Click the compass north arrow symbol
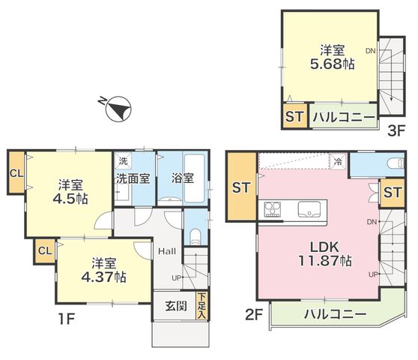point(118,109)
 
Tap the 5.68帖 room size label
point(332,64)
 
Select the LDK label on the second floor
point(324,247)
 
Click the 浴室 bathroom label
point(182,178)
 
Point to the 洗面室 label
point(133,178)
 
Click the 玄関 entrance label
point(176,306)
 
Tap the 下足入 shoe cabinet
point(202,305)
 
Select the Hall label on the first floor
point(167,251)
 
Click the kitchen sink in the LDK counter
point(309,209)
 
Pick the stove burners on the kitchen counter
point(273,209)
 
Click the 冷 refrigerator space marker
point(338,161)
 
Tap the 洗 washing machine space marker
point(123,161)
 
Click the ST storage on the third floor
point(294,116)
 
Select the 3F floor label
point(396,130)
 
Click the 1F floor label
point(67,319)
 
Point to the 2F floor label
point(254,314)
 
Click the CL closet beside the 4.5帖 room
point(16,173)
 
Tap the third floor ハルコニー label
point(344,117)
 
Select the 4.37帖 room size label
point(103,277)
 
